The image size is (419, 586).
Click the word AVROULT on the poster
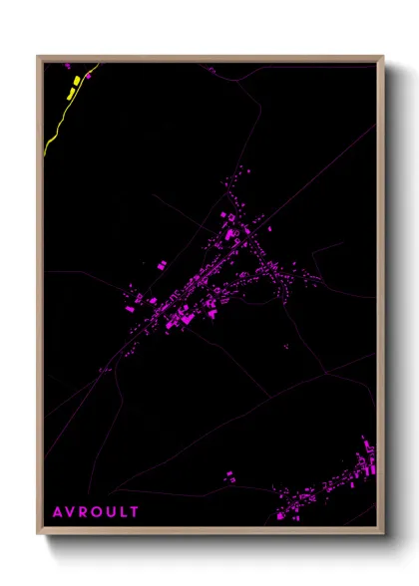point(96,512)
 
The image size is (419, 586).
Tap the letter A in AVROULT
point(57,512)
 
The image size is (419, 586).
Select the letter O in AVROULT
point(97,512)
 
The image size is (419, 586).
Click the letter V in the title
point(70,512)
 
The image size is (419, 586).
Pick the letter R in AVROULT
point(83,512)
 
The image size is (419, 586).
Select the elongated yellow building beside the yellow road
point(70,93)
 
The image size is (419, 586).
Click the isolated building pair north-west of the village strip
point(160,265)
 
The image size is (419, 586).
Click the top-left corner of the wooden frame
point(39,57)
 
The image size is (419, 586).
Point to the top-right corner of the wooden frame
point(383,57)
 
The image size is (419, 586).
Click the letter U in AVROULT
point(111,512)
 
